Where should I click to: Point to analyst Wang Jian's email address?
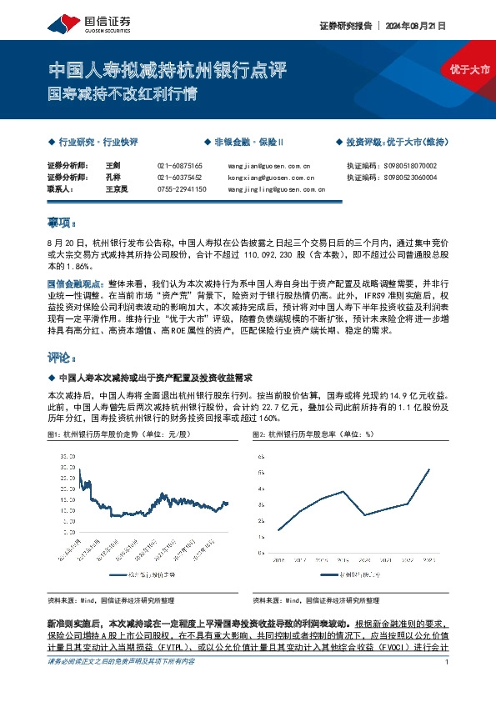tap(268, 166)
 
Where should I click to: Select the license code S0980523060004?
tap(407, 178)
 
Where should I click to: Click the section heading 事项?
tap(61, 223)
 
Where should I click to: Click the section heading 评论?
tap(61, 358)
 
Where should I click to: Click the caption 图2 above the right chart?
tap(313, 435)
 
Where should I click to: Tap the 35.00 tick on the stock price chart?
tap(67, 457)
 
